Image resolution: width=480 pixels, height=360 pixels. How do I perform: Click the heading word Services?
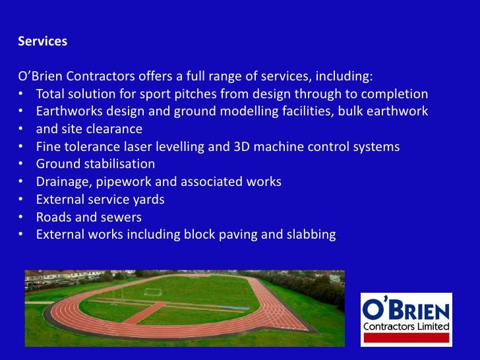42,41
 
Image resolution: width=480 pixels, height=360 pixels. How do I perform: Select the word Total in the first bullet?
50,93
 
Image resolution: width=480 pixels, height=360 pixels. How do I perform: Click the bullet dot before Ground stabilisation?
22,164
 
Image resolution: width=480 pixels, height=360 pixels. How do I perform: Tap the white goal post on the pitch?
153,291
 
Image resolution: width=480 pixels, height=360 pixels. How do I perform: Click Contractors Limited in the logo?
406,326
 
